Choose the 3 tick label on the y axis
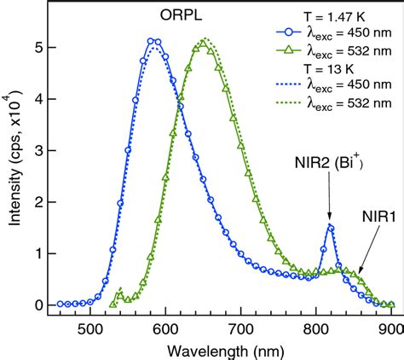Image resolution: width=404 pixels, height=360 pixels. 32,151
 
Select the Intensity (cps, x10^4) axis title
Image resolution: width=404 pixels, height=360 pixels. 12,162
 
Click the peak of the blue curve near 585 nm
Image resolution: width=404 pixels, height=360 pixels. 153,40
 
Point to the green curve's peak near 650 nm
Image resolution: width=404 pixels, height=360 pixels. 204,40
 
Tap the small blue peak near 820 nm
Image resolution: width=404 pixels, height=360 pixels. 331,227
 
